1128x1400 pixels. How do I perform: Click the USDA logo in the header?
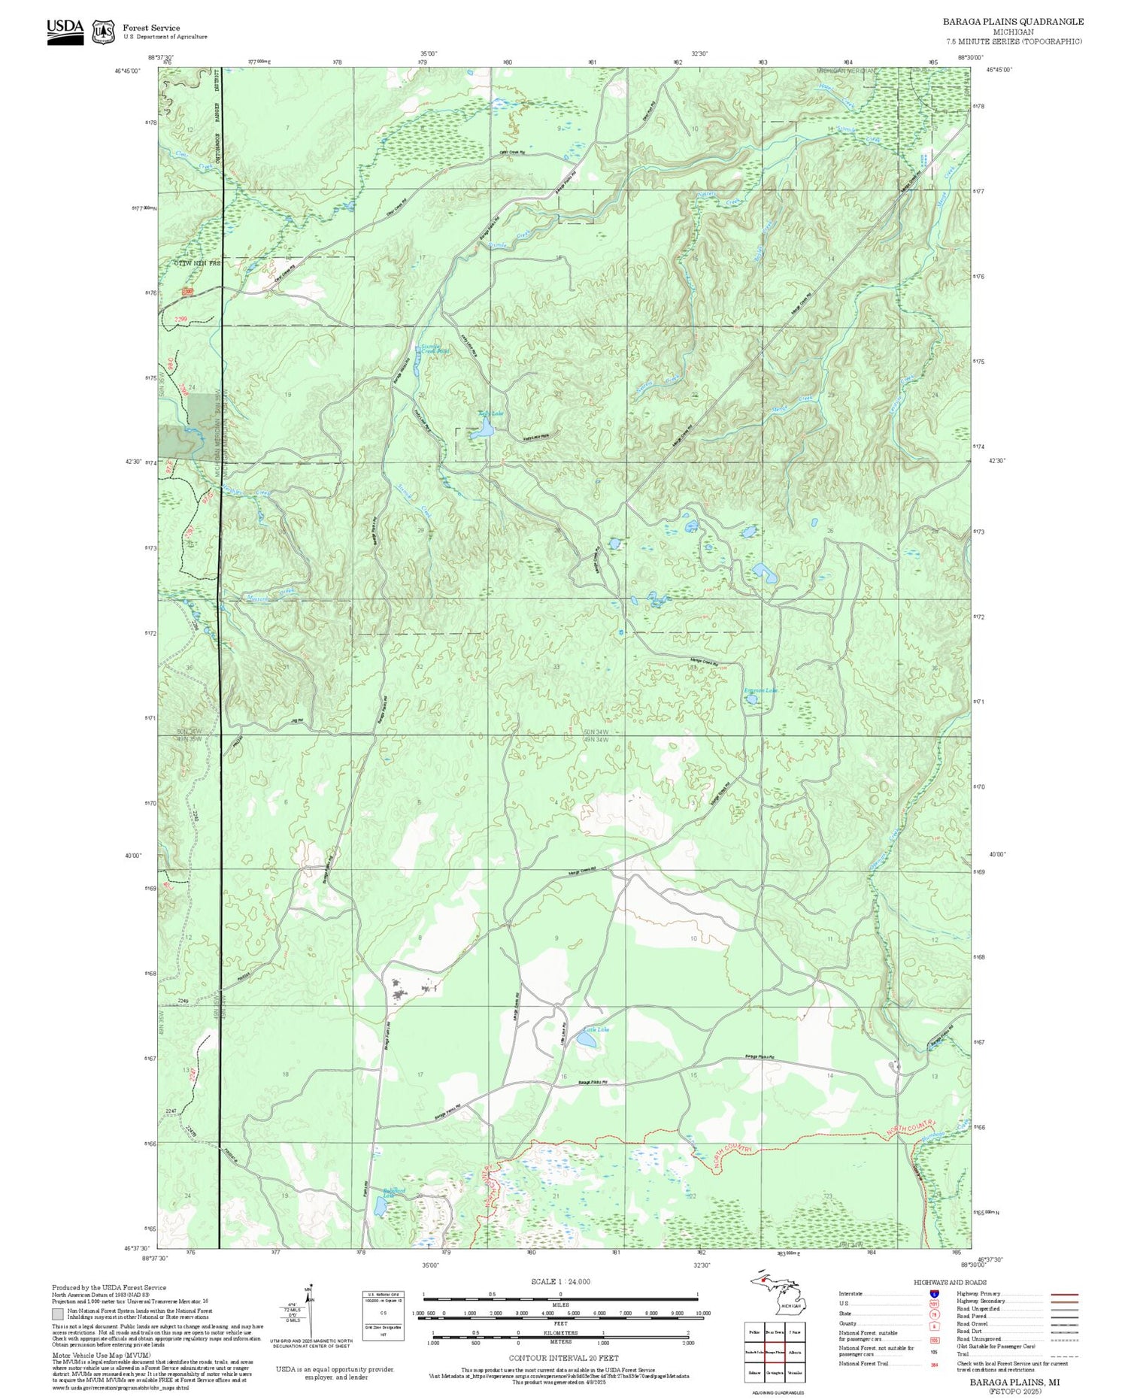65,32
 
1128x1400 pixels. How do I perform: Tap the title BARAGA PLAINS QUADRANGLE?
1013,22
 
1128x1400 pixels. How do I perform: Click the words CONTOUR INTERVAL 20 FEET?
563,1358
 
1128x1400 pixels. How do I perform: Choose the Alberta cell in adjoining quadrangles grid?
795,1352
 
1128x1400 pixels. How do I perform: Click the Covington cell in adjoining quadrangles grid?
774,1372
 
